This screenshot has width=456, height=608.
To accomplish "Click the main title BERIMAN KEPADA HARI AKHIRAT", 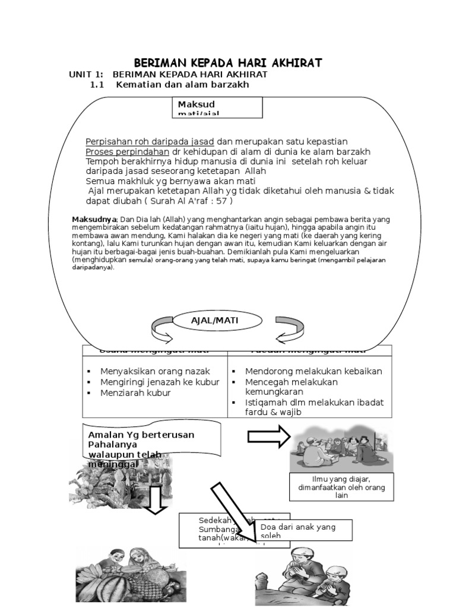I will point(227,63).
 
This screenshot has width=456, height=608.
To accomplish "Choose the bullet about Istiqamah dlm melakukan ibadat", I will point(314,407).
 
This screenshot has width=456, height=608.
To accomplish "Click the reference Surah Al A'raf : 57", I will point(185,201).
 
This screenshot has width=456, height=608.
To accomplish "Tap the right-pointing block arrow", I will point(268,438).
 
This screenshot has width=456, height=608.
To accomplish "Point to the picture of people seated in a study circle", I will point(341,447).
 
